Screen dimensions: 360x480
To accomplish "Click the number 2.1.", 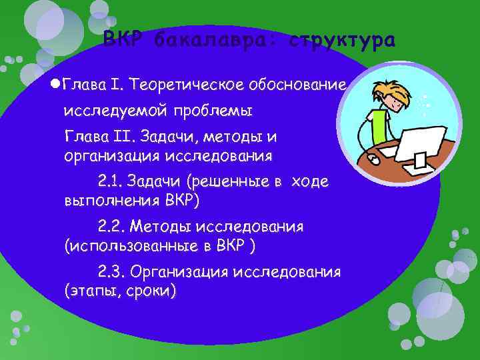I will tap(110, 181).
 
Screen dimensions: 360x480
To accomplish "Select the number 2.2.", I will tap(110, 227).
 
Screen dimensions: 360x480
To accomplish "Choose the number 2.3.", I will tap(110, 272).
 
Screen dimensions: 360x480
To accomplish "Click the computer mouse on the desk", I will tap(374, 161).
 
